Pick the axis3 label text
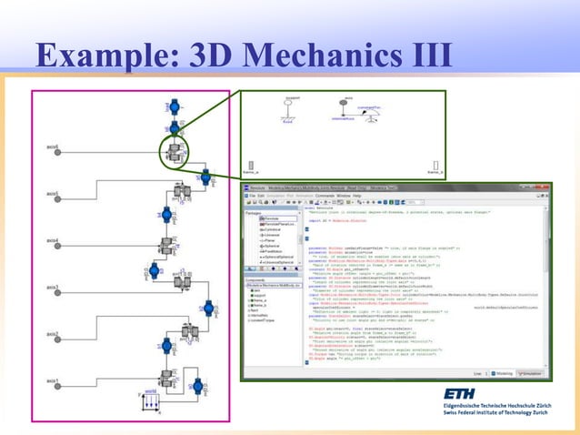tap(51, 287)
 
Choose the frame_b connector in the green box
tap(435, 164)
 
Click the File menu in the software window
tap(255, 196)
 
